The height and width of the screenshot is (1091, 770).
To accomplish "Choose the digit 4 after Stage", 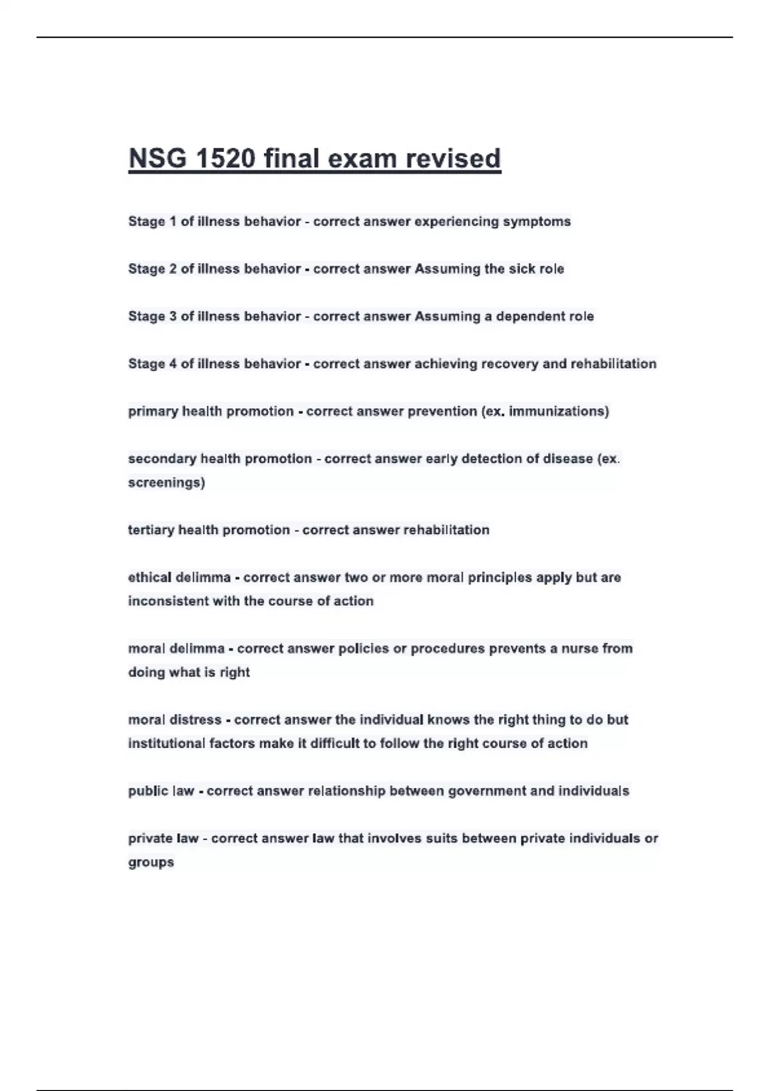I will pos(173,364).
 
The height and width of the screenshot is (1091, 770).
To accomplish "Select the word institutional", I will pos(167,744).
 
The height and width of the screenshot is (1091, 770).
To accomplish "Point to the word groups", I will pos(151,863).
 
